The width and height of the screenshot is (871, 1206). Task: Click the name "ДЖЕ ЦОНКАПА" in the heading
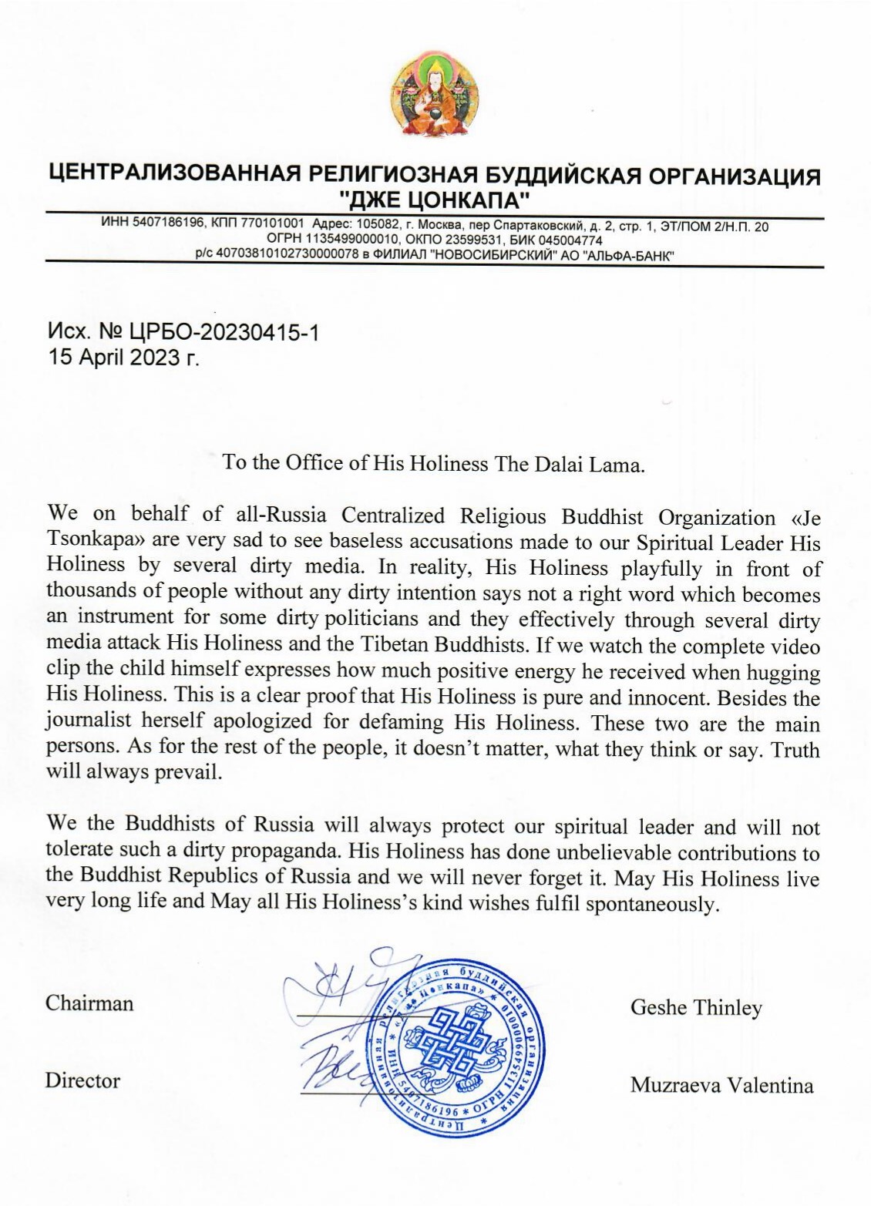coord(435,201)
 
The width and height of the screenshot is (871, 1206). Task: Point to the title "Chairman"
coord(89,1003)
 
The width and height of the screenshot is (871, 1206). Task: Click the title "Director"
coord(82,1080)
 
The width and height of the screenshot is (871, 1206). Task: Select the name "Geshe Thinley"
coord(696,1007)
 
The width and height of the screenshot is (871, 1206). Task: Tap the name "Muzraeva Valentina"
coord(721,1086)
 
